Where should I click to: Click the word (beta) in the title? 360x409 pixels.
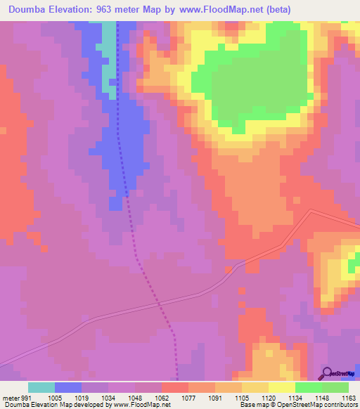tap(276, 9)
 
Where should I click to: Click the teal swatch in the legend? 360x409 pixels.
tap(41, 387)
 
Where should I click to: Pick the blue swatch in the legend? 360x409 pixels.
tap(68, 387)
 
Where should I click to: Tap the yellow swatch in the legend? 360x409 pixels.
tap(281, 387)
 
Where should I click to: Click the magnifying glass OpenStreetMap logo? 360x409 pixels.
tap(327, 373)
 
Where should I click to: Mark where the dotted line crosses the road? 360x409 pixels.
tap(159, 304)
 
